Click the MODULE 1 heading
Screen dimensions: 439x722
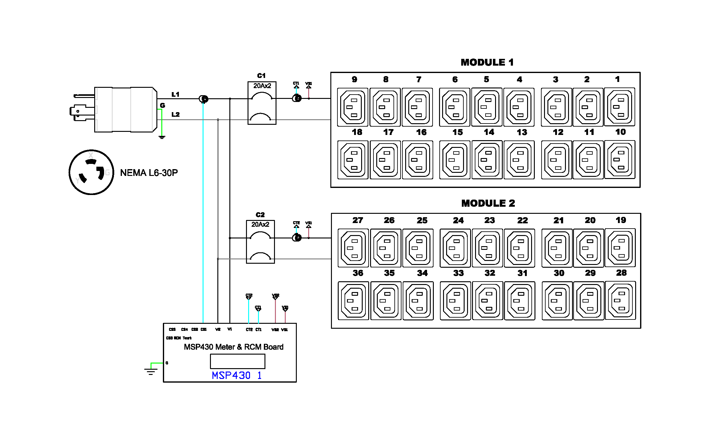[487, 63]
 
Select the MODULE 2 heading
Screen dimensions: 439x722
[488, 203]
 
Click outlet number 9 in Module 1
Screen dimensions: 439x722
[353, 107]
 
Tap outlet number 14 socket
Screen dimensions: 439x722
[487, 160]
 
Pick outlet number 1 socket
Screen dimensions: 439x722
[619, 107]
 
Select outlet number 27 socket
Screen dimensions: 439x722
[353, 248]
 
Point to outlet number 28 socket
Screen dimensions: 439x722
[620, 301]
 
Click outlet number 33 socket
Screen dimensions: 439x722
[455, 301]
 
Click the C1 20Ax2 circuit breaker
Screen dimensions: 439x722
[262, 103]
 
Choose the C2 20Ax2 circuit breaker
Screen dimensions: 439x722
[260, 242]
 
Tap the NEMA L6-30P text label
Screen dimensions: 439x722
[149, 173]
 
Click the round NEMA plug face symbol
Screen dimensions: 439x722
[91, 173]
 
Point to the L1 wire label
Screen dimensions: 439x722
[175, 95]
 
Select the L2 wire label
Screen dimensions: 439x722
[175, 115]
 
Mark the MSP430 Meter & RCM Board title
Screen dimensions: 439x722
[233, 347]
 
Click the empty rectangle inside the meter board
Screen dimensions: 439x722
[237, 361]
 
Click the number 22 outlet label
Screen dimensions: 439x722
[522, 221]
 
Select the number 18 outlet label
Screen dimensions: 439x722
[357, 132]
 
